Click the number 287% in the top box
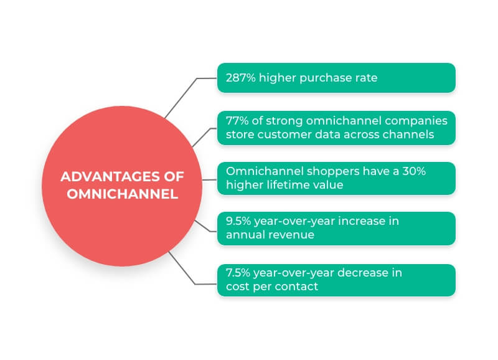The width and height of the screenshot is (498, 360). pos(240,78)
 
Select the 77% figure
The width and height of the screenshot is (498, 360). pos(237,121)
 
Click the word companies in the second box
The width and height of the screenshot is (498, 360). pos(416,121)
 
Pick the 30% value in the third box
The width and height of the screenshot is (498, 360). pos(414,171)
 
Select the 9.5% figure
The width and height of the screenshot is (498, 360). pos(238,221)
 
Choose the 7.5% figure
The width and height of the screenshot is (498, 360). pos(238,273)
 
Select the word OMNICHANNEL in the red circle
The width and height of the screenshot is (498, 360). pos(122,194)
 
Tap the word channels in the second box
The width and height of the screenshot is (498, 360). pos(408,135)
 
